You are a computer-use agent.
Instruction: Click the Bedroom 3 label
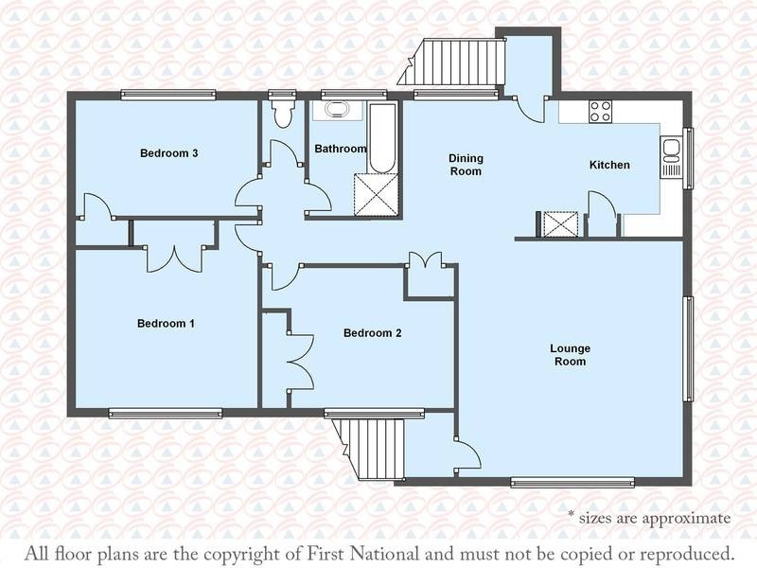[x=169, y=153]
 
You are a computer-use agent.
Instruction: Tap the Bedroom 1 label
[x=166, y=323]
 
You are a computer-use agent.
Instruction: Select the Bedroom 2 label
[x=372, y=333]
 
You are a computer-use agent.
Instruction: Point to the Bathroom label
[x=341, y=149]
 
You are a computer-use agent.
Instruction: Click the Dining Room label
[x=466, y=165]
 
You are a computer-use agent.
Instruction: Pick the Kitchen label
[x=609, y=165]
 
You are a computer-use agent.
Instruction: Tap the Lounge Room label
[x=571, y=355]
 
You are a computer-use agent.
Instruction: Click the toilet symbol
[x=282, y=114]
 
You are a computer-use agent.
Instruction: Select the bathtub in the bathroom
[x=383, y=137]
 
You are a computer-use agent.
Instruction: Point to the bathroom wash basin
[x=337, y=110]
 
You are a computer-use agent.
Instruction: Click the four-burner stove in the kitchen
[x=600, y=112]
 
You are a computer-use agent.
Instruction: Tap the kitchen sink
[x=671, y=157]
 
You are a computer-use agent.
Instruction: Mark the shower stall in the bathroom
[x=377, y=194]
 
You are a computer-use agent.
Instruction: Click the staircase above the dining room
[x=451, y=62]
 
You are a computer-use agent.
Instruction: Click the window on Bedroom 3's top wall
[x=168, y=96]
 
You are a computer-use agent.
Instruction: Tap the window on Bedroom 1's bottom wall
[x=165, y=413]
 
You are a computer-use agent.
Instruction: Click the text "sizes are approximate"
[x=655, y=518]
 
